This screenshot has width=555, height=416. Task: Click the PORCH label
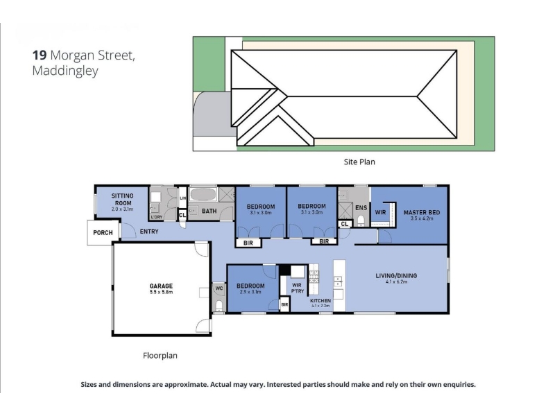[103, 233]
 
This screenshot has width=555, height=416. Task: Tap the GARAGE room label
[161, 286]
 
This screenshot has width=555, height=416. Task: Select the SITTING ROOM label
[123, 199]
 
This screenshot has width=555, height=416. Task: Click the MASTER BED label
[422, 212]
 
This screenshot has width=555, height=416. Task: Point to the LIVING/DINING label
[396, 275]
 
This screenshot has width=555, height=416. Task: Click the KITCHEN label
[321, 301]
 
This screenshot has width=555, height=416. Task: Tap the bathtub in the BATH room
[203, 195]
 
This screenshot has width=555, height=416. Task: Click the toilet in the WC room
[219, 305]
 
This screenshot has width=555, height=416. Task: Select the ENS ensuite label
[361, 207]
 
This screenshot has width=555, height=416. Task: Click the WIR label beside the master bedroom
[380, 212]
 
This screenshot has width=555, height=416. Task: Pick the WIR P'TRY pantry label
[298, 288]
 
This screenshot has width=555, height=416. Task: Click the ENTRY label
[149, 232]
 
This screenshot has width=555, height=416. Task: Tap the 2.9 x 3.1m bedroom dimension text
[250, 292]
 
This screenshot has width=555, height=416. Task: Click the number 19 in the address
[40, 55]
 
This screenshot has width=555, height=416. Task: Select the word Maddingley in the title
[65, 71]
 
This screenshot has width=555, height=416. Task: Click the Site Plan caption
[359, 162]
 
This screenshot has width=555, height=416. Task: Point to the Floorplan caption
[160, 356]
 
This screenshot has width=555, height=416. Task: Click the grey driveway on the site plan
[212, 114]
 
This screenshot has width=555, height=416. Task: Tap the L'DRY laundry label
[157, 217]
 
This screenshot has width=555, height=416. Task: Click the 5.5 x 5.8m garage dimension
[161, 292]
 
